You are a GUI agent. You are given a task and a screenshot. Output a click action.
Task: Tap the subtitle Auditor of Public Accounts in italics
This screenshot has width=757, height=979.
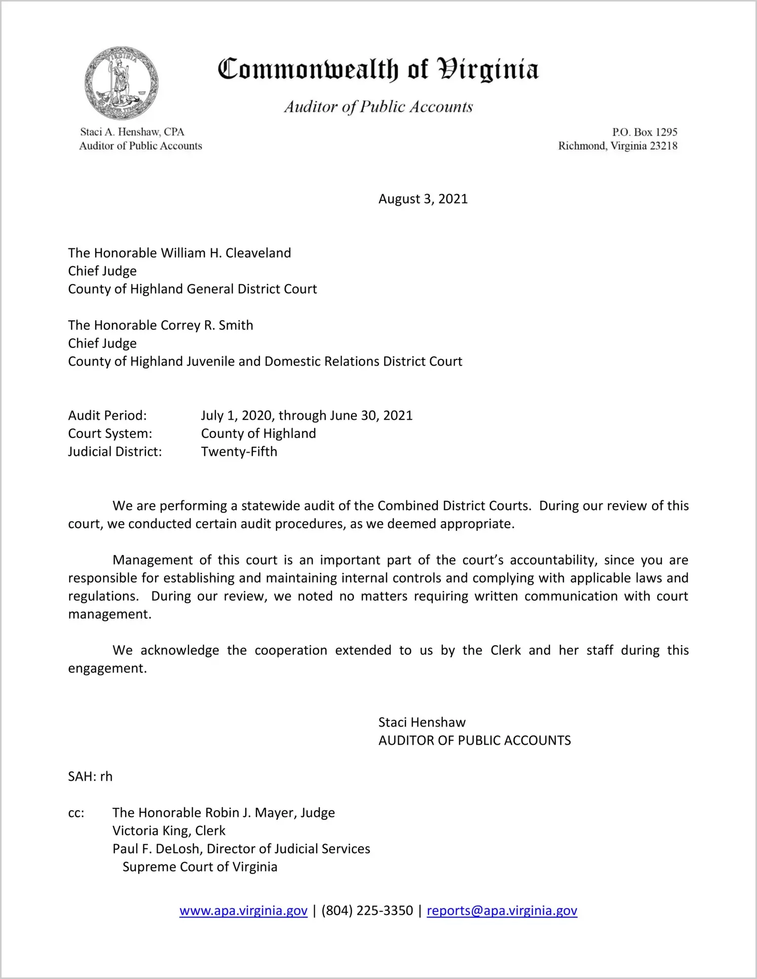tap(378, 107)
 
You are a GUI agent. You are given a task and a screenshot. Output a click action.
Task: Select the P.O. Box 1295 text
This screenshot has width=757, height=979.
tap(645, 132)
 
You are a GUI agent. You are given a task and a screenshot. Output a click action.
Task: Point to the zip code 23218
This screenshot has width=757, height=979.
tap(663, 146)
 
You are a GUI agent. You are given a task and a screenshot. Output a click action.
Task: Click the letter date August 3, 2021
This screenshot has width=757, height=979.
tap(423, 199)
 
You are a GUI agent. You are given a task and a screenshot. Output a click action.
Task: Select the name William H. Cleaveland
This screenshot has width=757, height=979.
tap(226, 253)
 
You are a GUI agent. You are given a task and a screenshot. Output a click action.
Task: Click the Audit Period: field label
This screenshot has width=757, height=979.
tap(107, 416)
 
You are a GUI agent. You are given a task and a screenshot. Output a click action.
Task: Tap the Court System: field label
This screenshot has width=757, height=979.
tap(110, 433)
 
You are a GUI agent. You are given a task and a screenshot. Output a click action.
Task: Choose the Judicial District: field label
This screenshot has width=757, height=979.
tap(115, 452)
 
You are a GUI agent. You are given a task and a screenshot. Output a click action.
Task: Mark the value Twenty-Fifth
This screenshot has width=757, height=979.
tap(239, 452)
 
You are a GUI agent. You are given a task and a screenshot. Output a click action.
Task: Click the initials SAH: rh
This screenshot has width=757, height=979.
tap(90, 777)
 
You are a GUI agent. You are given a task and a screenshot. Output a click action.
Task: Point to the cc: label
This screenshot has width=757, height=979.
tap(76, 813)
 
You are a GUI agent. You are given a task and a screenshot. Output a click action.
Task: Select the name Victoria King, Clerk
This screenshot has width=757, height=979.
tap(169, 831)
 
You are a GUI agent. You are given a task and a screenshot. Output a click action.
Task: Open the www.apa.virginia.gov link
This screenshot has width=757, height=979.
tap(243, 911)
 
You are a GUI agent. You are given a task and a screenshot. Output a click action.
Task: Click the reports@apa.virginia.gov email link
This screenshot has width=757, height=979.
tap(502, 911)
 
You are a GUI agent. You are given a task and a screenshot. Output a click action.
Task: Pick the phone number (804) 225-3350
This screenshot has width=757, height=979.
tap(367, 911)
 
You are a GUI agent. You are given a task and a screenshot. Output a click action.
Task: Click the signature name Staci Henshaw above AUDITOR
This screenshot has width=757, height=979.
tap(422, 722)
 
